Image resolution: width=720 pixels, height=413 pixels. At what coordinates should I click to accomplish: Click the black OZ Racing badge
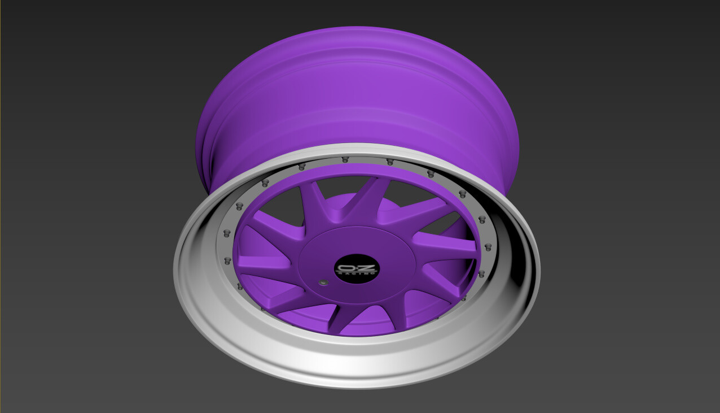pyautogui.click(x=357, y=268)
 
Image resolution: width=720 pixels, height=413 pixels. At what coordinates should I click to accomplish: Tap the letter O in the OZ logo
pyautogui.click(x=346, y=266)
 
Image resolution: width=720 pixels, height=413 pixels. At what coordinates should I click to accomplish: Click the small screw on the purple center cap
pyautogui.click(x=323, y=282)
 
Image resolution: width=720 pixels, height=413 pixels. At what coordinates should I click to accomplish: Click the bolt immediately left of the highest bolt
pyautogui.click(x=302, y=166)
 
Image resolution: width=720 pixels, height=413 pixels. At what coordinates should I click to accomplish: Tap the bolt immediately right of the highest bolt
pyautogui.click(x=389, y=162)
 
